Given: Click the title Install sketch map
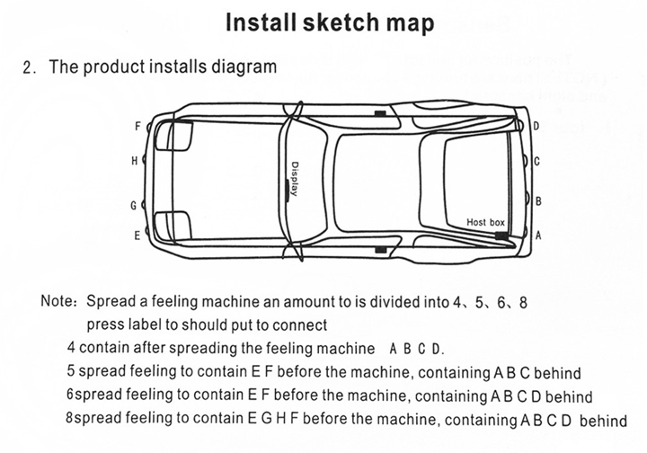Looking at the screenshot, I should coord(330,22).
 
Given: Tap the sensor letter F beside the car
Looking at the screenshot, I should coord(137,127).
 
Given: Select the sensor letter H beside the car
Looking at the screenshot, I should coord(135,161).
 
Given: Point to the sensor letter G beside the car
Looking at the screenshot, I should coord(134,205).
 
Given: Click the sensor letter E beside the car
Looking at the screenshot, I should coord(137,235).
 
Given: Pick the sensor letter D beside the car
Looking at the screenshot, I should coord(536,127).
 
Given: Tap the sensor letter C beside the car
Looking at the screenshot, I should coord(536,162).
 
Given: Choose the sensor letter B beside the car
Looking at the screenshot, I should coord(538,200).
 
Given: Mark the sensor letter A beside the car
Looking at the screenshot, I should coord(538,235).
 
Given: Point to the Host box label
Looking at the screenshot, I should coord(486,221).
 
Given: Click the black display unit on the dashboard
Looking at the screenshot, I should coord(288,188).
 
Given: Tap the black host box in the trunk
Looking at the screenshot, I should coord(500,235).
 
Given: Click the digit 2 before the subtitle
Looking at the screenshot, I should coord(29,67).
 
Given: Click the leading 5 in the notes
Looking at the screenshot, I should coord(70,372).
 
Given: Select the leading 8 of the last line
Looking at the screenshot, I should coord(70,419).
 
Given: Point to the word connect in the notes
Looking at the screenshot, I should coord(300,324).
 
